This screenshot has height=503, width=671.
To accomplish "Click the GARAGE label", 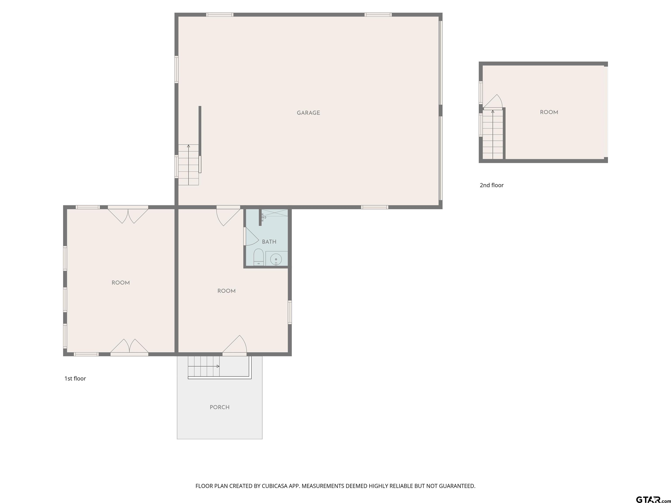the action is point(308,113).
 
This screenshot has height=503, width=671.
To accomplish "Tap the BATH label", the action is point(269,242).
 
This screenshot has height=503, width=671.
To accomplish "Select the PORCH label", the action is point(220,407).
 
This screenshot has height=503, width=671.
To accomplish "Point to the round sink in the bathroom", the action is point(276,259).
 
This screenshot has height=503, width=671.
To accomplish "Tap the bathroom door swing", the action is point(251,236).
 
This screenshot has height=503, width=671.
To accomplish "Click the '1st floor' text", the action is point(75,378).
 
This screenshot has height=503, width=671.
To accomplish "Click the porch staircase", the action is point(204,366).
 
